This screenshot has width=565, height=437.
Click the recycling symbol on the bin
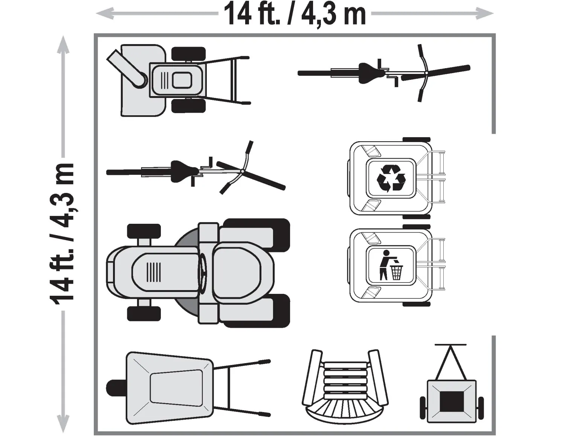click(x=391, y=178)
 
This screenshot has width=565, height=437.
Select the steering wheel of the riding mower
click(x=203, y=272)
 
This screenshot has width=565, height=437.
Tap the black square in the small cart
click(x=452, y=402)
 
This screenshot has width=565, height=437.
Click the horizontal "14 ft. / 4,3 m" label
click(x=295, y=14)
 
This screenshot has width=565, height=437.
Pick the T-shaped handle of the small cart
click(x=450, y=345)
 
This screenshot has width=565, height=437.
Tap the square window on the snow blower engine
click(x=182, y=80)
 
